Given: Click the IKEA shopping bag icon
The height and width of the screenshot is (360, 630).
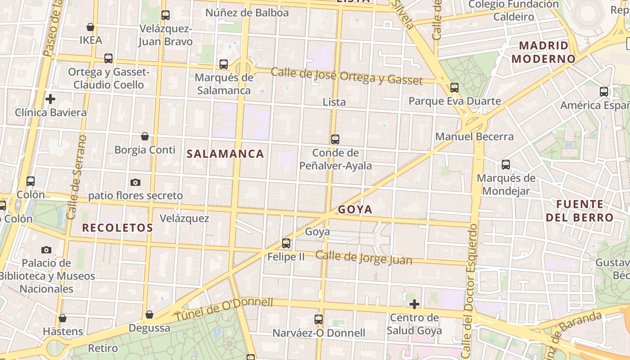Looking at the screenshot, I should (90, 27).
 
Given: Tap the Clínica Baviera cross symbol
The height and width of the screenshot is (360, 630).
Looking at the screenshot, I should (50, 99).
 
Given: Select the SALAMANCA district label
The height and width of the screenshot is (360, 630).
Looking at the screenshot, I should (225, 154).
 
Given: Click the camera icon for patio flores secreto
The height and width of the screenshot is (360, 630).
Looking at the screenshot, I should (135, 182).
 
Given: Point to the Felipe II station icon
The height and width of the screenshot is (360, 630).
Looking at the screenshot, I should (286, 243).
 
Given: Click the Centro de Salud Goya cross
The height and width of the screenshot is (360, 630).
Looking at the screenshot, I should (414, 304).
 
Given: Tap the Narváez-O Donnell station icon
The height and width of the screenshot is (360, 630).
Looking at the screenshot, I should (319, 319).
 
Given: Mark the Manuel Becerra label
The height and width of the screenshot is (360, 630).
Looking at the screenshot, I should (474, 136).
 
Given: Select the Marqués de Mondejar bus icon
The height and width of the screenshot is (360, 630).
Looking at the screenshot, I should (506, 165).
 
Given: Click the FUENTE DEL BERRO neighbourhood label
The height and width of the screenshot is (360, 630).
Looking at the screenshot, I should (580, 211).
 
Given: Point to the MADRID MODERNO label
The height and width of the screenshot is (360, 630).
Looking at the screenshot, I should (544, 52).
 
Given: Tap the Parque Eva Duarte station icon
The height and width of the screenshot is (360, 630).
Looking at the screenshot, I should (454, 87).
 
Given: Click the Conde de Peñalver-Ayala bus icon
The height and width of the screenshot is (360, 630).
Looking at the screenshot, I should (335, 139).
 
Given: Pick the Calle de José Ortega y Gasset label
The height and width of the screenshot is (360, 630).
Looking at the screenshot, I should (346, 76).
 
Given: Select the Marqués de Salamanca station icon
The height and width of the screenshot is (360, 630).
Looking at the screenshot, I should (224, 64).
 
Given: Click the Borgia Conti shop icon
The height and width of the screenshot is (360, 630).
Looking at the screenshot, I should (145, 136).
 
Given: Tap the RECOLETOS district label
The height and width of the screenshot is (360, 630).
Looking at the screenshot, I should (117, 228).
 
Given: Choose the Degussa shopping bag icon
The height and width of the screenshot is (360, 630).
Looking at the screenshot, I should (149, 314).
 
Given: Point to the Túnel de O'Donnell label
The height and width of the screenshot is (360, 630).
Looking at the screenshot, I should (224, 309).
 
